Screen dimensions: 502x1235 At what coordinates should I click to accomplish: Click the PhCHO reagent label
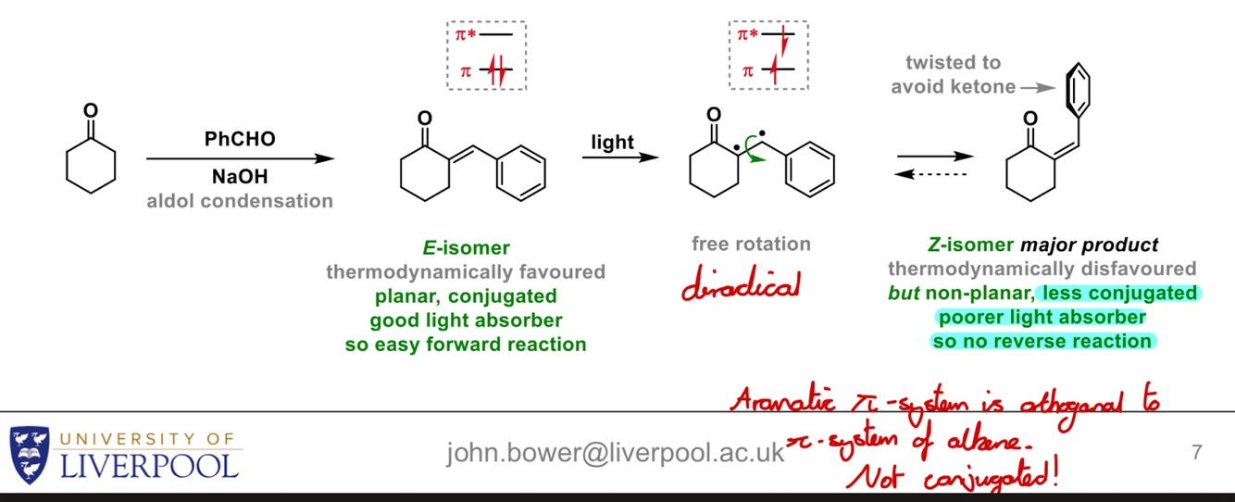pyautogui.click(x=240, y=139)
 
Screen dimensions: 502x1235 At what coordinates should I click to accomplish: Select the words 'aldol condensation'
pyautogui.click(x=240, y=200)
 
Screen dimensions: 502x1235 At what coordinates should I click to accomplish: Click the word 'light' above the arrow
pyautogui.click(x=612, y=142)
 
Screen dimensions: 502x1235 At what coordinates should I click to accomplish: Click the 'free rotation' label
pyautogui.click(x=751, y=245)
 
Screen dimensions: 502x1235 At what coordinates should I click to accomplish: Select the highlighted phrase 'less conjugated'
pyautogui.click(x=1119, y=294)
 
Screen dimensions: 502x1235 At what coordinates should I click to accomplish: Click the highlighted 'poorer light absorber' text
pyautogui.click(x=1042, y=318)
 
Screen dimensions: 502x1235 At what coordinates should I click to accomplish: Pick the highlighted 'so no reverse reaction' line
pyautogui.click(x=1042, y=341)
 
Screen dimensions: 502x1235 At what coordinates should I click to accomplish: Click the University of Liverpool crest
pyautogui.click(x=30, y=453)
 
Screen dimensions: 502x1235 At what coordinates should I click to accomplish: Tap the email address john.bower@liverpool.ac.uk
pyautogui.click(x=616, y=452)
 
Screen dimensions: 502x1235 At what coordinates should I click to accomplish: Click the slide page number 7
pyautogui.click(x=1197, y=453)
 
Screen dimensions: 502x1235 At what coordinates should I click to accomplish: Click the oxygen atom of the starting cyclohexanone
pyautogui.click(x=91, y=109)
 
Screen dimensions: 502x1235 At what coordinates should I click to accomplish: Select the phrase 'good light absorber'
pyautogui.click(x=465, y=320)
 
